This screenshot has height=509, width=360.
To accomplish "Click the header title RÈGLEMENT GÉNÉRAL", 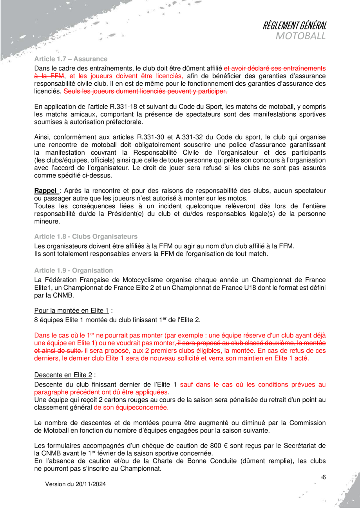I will pyautogui.click(x=294, y=26).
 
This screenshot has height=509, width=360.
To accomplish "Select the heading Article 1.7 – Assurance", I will pyautogui.click(x=71, y=59).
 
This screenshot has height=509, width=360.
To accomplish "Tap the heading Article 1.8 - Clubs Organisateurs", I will pyautogui.click(x=86, y=236).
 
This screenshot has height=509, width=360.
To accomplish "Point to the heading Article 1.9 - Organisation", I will pyautogui.click(x=74, y=271).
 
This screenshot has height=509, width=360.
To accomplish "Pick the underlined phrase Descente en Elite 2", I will pyautogui.click(x=63, y=375).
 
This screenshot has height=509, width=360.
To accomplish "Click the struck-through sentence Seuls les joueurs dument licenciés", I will pyautogui.click(x=145, y=92).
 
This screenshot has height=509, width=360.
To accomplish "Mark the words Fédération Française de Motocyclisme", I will pyautogui.click(x=96, y=280).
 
